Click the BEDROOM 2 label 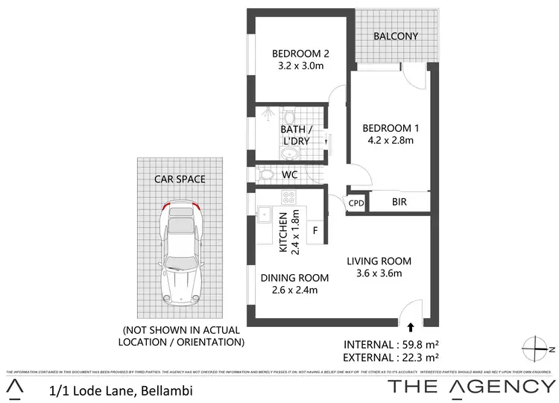click(300, 53)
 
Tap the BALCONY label click(396, 36)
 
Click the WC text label click(291, 174)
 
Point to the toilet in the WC click(267, 174)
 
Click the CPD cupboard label click(356, 203)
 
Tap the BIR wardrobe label click(399, 201)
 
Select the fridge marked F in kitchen click(315, 231)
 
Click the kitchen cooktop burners click(288, 197)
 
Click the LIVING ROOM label click(379, 261)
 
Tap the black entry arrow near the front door click(411, 326)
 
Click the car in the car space click(180, 253)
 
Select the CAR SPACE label click(180, 179)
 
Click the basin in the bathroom click(290, 154)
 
